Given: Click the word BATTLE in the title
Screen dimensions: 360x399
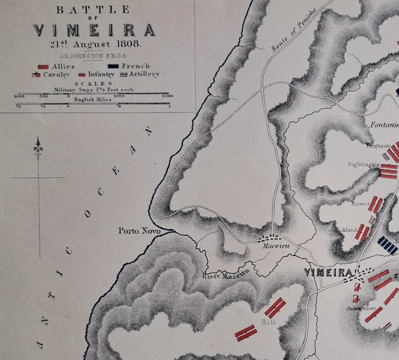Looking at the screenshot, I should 93,9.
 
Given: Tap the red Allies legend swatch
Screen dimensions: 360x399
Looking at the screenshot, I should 43,66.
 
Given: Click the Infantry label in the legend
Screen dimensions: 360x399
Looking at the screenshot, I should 100,74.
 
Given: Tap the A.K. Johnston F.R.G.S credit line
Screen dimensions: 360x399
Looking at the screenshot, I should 93,56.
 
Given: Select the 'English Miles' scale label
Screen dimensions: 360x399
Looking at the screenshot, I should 92,99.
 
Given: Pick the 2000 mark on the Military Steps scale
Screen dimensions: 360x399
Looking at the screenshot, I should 167,97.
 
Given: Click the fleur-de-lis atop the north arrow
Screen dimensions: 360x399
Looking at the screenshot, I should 38,147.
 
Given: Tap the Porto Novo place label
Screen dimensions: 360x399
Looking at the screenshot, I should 140,231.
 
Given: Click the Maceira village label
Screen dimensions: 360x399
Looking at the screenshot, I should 272,247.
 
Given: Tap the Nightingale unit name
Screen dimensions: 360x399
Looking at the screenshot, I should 363,164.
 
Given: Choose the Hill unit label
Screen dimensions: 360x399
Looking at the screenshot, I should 269,321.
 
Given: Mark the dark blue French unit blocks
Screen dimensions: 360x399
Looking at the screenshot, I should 387,245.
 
